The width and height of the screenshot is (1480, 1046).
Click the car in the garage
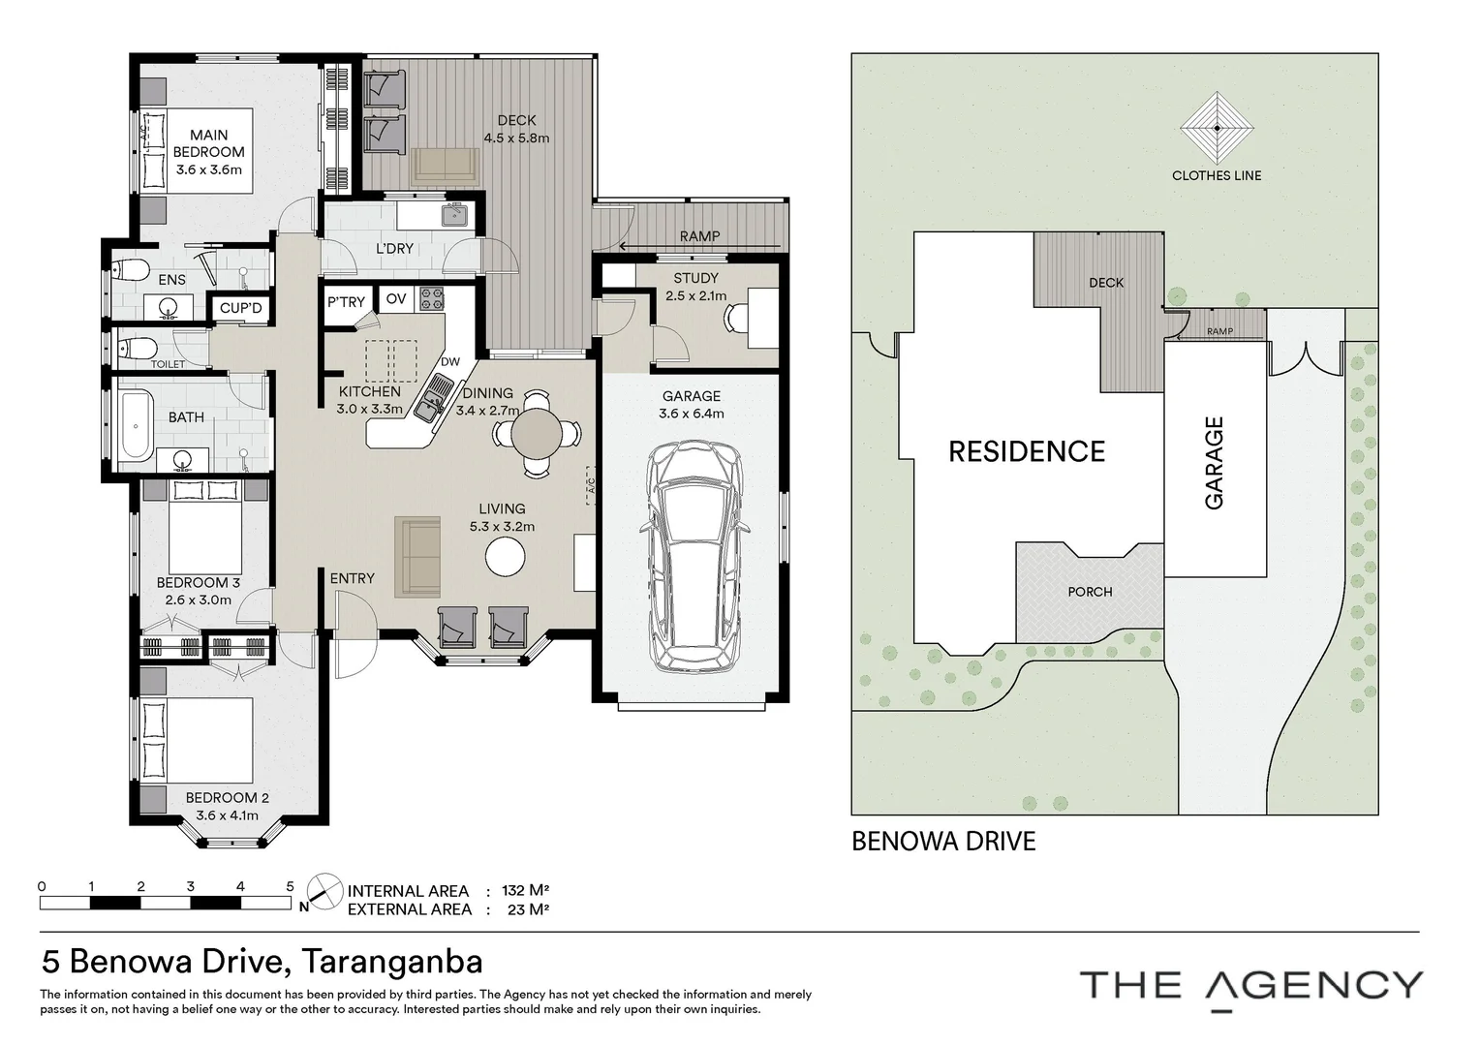coord(695,556)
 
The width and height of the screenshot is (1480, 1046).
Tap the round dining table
coord(537,434)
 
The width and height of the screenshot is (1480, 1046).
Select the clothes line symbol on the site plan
coord(1218,128)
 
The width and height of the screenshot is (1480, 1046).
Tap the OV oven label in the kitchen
coord(396,298)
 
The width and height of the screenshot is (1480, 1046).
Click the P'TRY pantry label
coord(346,302)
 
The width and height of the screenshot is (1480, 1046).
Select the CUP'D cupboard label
coord(240,308)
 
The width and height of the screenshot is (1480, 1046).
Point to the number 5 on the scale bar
coord(290,887)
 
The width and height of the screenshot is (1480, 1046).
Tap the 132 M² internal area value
coord(526,890)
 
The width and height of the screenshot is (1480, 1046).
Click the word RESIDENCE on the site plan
coord(1027,452)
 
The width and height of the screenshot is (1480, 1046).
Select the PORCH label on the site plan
coord(1091,592)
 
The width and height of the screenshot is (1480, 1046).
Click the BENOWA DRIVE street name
coord(943,842)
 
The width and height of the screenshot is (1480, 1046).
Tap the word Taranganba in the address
coord(392,962)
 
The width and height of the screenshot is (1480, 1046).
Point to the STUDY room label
coord(695,278)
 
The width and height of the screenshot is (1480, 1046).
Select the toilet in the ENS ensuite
coord(131,269)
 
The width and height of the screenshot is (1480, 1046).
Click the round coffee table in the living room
coord(505,556)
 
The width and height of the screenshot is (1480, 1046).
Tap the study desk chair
coord(736,320)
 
